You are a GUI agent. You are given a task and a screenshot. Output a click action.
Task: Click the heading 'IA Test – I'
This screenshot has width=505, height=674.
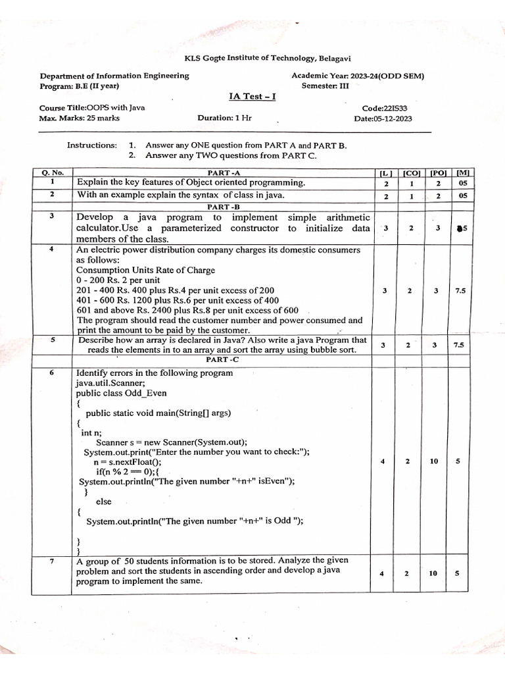[252, 96]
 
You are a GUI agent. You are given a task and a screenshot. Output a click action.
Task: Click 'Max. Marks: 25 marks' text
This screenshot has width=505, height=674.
[80, 118]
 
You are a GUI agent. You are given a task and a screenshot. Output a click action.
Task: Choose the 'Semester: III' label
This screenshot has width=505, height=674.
[326, 86]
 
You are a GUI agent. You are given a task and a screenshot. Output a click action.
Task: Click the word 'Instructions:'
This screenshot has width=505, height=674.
[91, 145]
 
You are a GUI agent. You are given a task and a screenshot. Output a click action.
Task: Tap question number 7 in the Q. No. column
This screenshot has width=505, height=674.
[51, 561]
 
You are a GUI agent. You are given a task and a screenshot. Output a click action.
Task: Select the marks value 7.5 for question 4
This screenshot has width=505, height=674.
[460, 290]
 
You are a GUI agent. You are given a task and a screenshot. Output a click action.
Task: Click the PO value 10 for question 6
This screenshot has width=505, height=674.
[434, 461]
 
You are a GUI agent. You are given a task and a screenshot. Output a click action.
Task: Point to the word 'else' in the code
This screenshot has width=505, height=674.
[103, 502]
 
